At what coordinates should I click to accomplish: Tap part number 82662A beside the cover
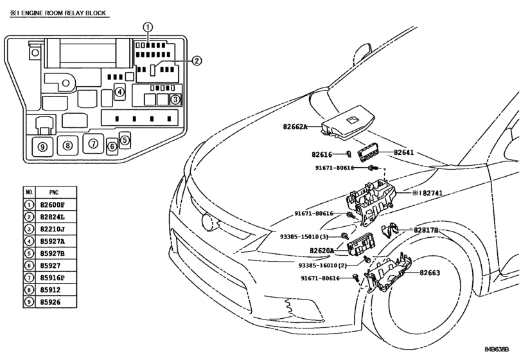pyautogui.click(x=295, y=127)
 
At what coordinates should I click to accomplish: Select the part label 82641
pyautogui.click(x=403, y=152)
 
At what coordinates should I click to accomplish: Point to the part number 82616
pyautogui.click(x=322, y=154)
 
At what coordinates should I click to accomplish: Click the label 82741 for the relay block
pyautogui.click(x=432, y=193)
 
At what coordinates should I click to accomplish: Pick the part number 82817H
pyautogui.click(x=426, y=230)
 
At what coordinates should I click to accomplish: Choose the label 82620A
pyautogui.click(x=322, y=251)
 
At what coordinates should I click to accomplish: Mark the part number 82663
pyautogui.click(x=430, y=273)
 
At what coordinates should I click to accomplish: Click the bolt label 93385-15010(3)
pyautogui.click(x=304, y=237)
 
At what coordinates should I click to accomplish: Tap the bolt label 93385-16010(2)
pyautogui.click(x=322, y=265)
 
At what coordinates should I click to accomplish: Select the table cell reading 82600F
pyautogui.click(x=53, y=205)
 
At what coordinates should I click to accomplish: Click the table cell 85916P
pyautogui.click(x=53, y=278)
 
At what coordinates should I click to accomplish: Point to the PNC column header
pyautogui.click(x=54, y=192)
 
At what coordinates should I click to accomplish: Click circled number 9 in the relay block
pyautogui.click(x=42, y=147)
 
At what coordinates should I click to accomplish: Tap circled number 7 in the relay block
pyautogui.click(x=93, y=143)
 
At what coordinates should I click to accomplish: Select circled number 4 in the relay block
pyautogui.click(x=119, y=92)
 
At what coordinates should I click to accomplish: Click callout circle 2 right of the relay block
pyautogui.click(x=197, y=60)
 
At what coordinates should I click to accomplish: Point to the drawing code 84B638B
pyautogui.click(x=497, y=349)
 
